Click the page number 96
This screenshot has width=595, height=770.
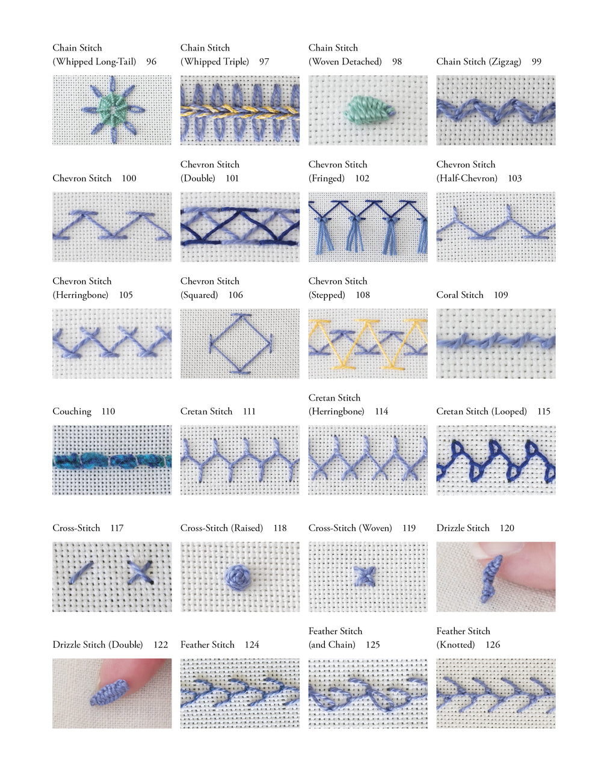coord(151,61)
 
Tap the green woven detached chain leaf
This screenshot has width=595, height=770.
coord(366,109)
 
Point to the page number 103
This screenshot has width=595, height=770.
coord(514,178)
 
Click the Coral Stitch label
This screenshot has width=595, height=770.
coord(460,295)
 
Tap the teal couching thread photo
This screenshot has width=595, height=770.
coord(111,460)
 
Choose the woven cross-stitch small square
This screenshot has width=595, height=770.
coord(363,576)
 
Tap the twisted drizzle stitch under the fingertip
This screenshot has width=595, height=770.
coord(492,579)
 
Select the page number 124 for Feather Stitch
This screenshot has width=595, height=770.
coord(251,645)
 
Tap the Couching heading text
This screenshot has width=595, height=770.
coord(72,411)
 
